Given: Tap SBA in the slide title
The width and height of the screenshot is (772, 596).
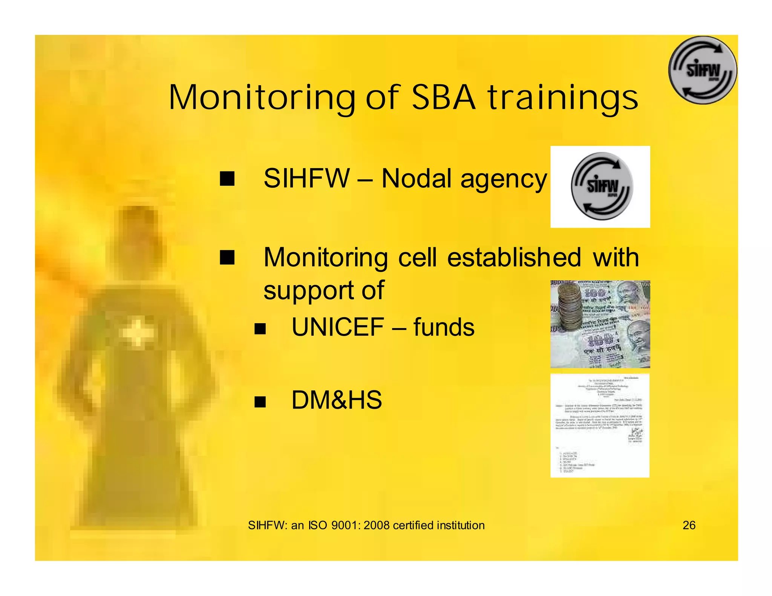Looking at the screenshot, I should point(444,98).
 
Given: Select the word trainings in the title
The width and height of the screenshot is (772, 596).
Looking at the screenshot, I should point(563,98).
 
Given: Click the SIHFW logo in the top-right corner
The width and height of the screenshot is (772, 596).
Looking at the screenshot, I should point(703,70).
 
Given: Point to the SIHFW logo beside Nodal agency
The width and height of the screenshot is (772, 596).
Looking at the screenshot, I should point(602,186).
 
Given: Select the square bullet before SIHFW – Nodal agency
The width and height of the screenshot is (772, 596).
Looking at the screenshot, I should point(227,179).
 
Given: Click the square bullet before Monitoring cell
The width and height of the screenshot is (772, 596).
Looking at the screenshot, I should point(227,257).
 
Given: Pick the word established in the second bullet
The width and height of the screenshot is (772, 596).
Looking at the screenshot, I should point(514,258).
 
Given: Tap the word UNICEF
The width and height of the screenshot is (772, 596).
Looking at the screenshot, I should point(338,327).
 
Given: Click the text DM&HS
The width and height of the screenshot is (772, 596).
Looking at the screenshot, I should point(337,400).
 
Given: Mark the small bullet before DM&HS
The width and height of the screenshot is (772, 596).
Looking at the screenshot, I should point(260,402).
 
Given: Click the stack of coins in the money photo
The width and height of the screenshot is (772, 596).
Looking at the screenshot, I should point(569,307).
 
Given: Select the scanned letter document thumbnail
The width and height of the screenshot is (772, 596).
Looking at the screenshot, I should point(600,426).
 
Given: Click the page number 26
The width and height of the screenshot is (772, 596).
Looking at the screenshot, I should point(689,525).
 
